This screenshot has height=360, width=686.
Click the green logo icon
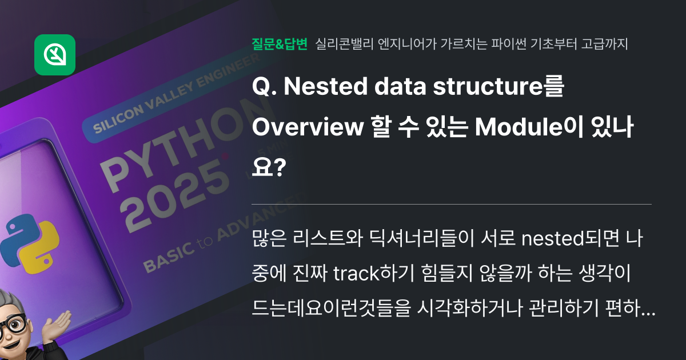click(55, 55)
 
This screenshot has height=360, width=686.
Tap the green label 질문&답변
click(280, 44)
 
